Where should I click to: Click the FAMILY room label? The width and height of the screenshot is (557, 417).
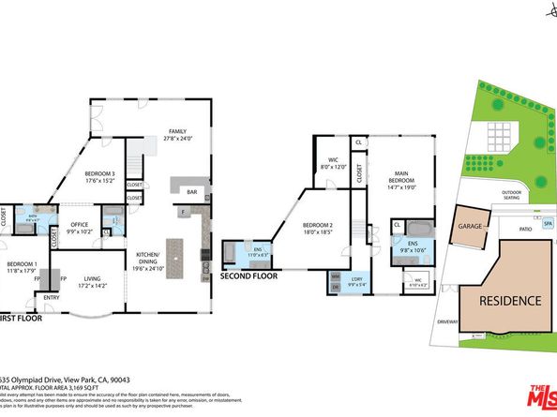(x=177, y=133)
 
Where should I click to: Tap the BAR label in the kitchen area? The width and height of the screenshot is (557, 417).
(x=192, y=191)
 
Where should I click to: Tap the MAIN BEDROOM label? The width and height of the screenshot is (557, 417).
(x=400, y=181)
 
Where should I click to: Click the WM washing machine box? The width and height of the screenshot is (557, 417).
(x=335, y=276)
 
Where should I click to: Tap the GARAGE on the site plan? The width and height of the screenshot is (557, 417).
(x=469, y=226)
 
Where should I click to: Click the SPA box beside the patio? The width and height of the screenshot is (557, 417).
(x=549, y=225)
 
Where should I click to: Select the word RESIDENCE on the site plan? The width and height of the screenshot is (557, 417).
(x=511, y=301)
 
